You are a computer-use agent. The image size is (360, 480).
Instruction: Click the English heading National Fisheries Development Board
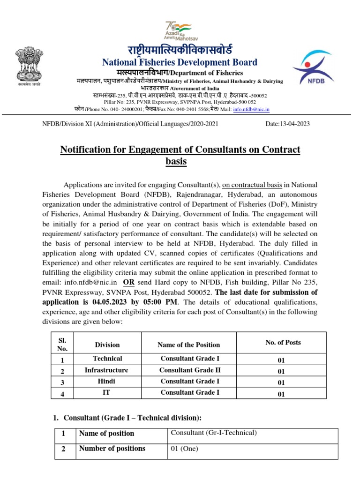(180, 62)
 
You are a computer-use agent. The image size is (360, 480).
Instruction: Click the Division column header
(107, 345)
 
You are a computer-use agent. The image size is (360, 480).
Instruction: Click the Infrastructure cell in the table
(106, 370)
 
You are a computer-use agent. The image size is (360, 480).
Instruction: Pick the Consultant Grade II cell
(189, 370)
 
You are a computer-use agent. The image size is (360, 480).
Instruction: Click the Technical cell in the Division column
(107, 359)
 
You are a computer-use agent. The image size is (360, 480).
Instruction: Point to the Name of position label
(106, 433)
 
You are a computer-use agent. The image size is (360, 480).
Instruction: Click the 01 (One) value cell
(184, 449)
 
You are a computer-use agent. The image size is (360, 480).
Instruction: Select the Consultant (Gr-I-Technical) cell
(214, 433)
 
